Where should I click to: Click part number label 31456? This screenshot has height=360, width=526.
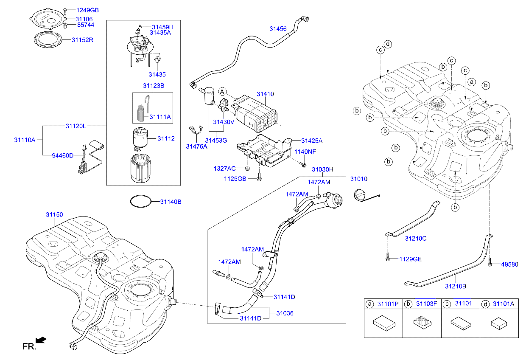[278, 29]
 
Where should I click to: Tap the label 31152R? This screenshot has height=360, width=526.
[82, 40]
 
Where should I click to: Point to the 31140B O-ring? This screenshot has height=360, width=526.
[140, 202]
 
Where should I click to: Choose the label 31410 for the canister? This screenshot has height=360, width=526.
[265, 93]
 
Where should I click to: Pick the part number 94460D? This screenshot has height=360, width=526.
[63, 155]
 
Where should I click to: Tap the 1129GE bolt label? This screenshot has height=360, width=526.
[410, 259]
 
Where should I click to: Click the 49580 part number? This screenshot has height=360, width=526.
[509, 264]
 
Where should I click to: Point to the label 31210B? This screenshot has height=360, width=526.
[456, 287]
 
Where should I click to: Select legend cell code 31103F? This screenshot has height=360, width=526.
[426, 304]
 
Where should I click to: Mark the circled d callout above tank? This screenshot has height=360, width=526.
[388, 44]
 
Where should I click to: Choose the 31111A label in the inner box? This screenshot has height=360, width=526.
[160, 116]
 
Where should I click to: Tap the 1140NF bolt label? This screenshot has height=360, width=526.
[306, 152]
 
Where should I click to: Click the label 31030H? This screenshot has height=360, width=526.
[323, 169]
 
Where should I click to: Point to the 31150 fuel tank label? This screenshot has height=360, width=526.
[54, 214]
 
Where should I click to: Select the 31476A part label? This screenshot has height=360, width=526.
[196, 146]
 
